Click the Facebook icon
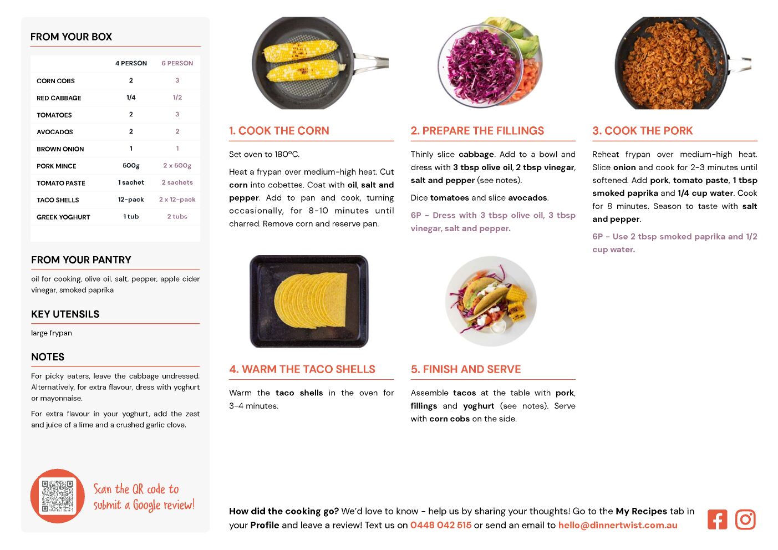point(717,520)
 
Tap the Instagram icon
point(745,520)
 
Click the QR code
point(58,496)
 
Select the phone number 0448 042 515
point(441,525)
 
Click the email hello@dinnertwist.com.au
point(618,525)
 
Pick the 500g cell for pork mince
point(131,166)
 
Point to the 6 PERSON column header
point(177,63)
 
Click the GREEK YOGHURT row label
point(63,217)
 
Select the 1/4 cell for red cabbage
point(131,98)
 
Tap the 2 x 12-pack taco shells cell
point(177,200)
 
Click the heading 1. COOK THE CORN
point(279,130)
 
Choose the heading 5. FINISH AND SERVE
point(466,369)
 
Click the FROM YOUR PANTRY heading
point(81,259)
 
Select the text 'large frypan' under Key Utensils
point(52,333)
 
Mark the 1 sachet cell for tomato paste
point(131,182)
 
